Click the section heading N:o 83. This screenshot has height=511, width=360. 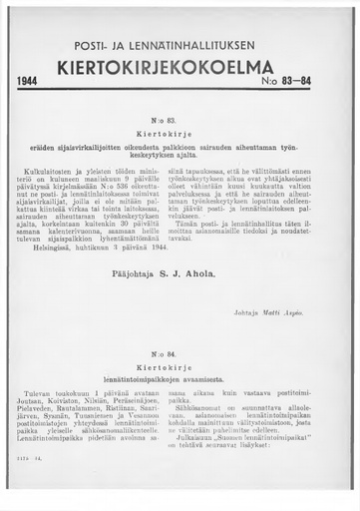pyautogui.click(x=180, y=120)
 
